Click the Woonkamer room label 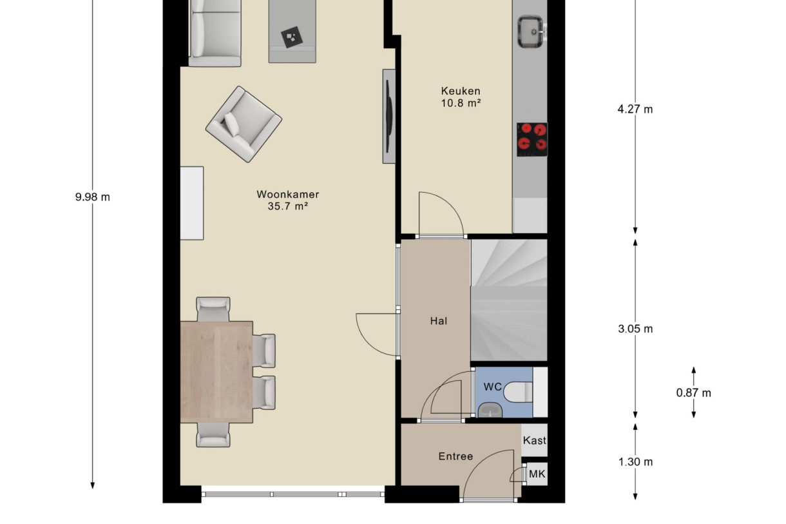(x=288, y=194)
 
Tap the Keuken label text (x=461, y=91)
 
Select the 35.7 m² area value (x=288, y=206)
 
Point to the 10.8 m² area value (x=461, y=103)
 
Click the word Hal (x=439, y=321)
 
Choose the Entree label (x=455, y=456)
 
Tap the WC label (x=493, y=387)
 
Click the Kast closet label (x=534, y=440)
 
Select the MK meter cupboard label (x=537, y=474)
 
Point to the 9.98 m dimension (x=93, y=197)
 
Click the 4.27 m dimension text (x=635, y=110)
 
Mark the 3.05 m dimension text (x=635, y=329)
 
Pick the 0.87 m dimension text (x=694, y=393)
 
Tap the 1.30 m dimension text (x=635, y=462)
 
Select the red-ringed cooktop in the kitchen (x=532, y=139)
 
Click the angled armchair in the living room (x=244, y=124)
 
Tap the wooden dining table (x=216, y=372)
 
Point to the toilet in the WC (x=518, y=392)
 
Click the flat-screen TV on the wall (x=388, y=116)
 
